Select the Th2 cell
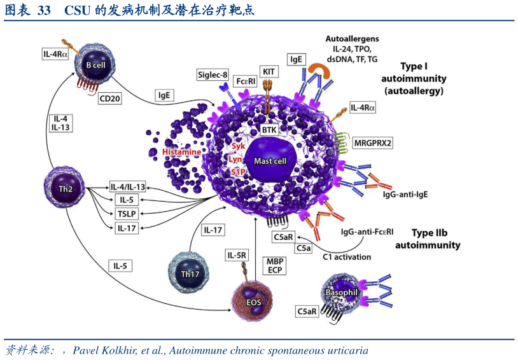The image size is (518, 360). pyautogui.click(x=66, y=188)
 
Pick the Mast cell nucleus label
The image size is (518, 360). pyautogui.click(x=270, y=161)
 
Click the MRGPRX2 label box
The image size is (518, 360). pyautogui.click(x=373, y=143)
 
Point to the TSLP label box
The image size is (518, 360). pyautogui.click(x=124, y=213)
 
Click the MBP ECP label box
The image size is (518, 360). pyautogui.click(x=275, y=265)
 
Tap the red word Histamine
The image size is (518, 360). pyautogui.click(x=181, y=152)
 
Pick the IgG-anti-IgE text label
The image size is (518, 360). pyautogui.click(x=405, y=193)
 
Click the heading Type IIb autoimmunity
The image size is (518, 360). pyautogui.click(x=428, y=239)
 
